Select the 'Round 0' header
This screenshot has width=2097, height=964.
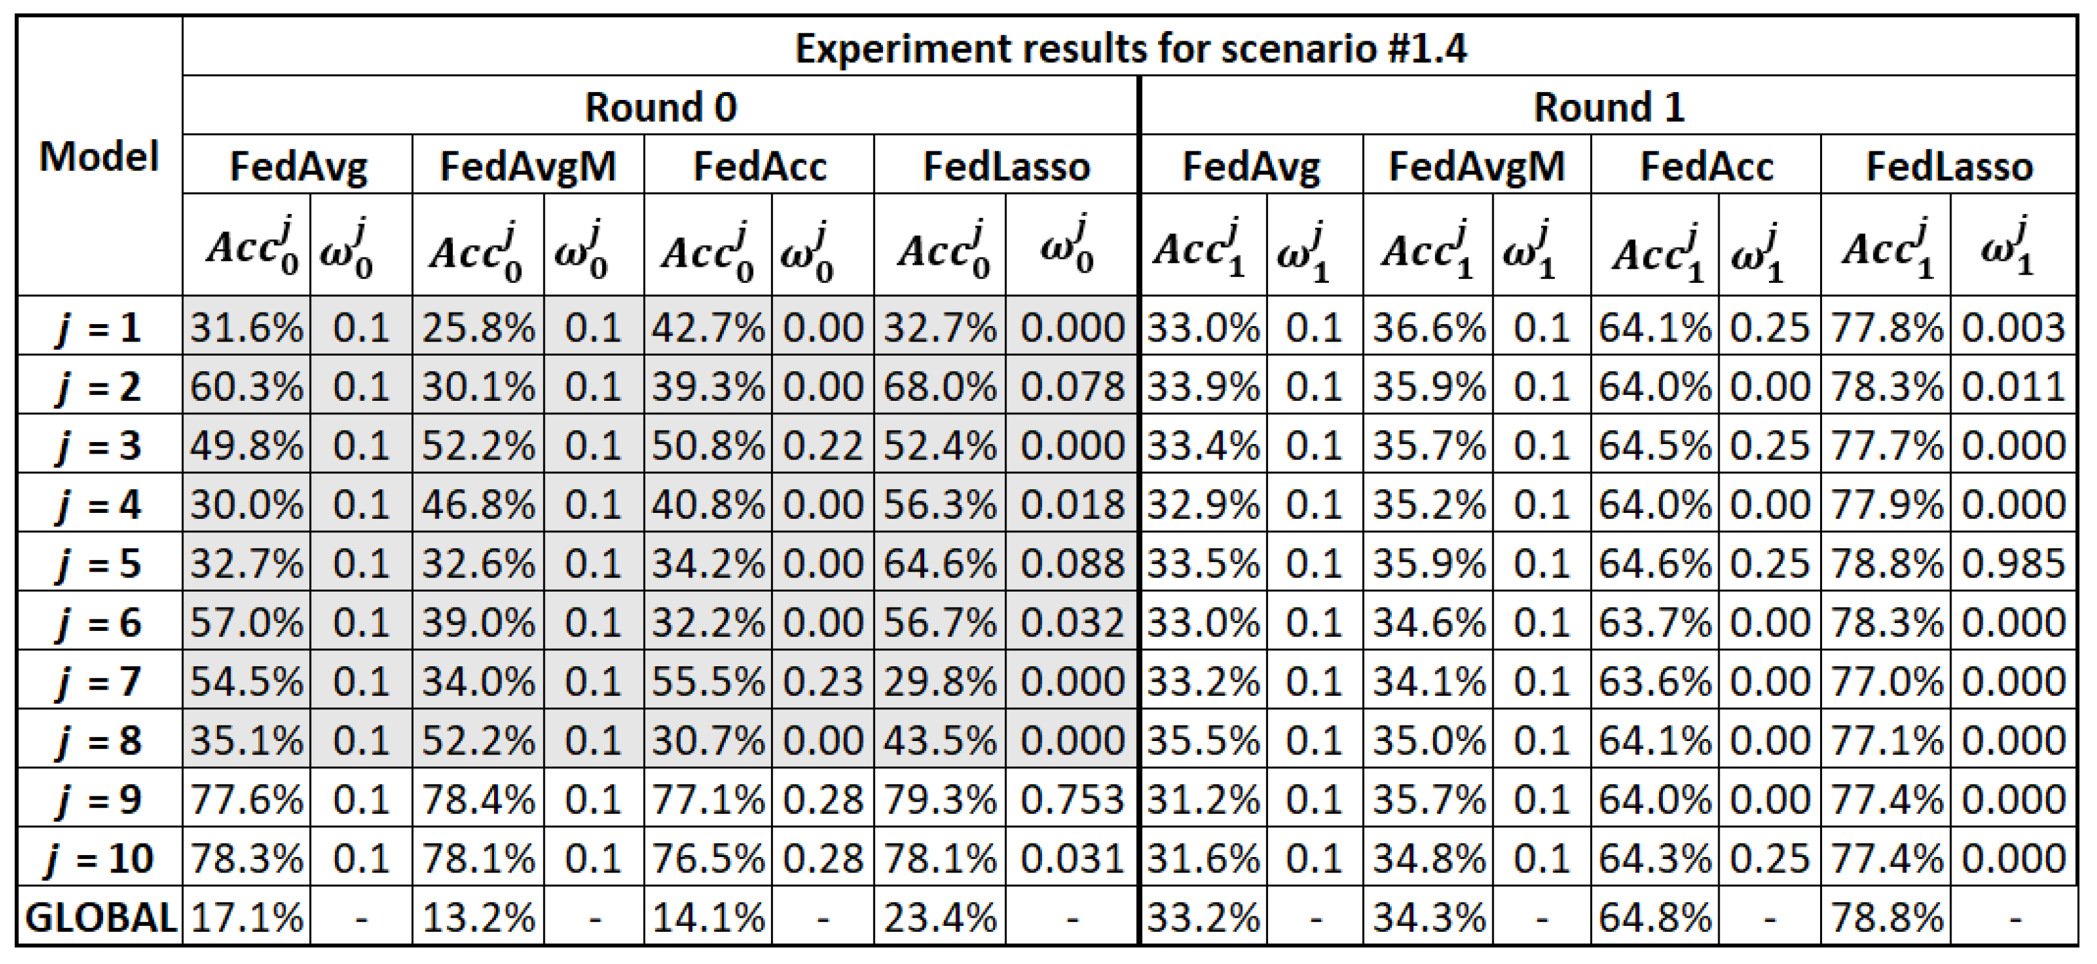pos(660,108)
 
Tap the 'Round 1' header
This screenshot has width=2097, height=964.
pos(1609,108)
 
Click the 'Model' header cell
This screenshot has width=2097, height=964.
pos(99,157)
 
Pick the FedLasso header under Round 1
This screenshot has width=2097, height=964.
pos(1949,166)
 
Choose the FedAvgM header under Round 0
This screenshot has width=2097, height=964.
pos(527,166)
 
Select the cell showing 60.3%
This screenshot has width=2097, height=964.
pos(246,387)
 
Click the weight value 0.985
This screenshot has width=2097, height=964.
pos(2013,563)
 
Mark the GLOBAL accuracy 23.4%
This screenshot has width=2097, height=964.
pos(940,918)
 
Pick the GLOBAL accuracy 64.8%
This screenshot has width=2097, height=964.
pos(1654,918)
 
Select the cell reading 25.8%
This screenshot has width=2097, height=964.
pos(478,328)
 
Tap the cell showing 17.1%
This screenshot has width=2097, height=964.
pos(246,918)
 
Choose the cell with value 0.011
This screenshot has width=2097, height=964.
pos(2013,387)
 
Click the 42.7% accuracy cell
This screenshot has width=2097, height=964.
pos(707,328)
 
